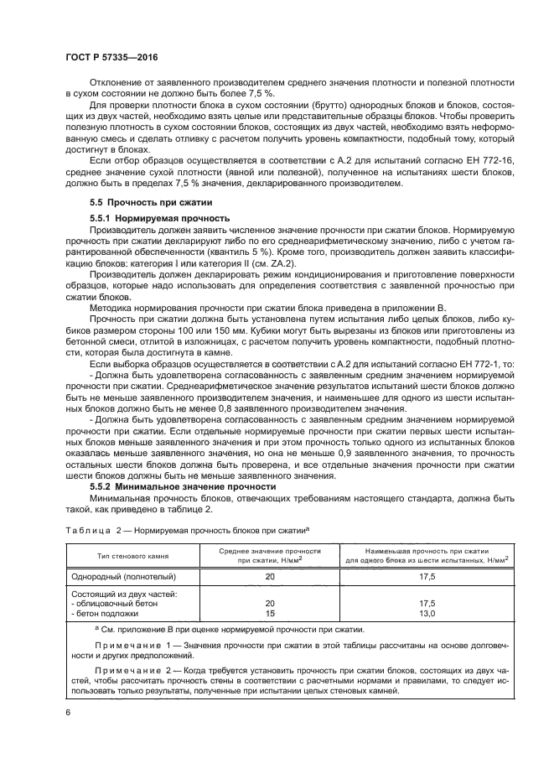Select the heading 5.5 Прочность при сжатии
[x=140, y=202]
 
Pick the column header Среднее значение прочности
[x=268, y=555]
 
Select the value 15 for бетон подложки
[x=270, y=614]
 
